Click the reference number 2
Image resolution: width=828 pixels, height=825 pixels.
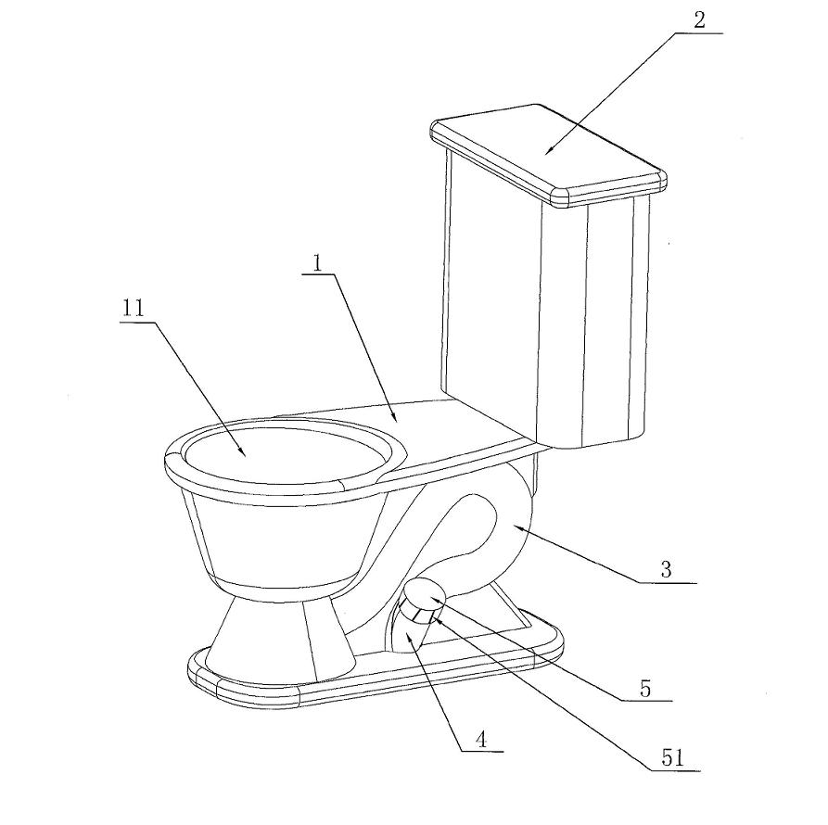coord(699,20)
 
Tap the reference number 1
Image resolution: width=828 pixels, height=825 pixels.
coord(317,262)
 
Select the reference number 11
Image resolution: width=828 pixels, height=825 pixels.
coord(133,310)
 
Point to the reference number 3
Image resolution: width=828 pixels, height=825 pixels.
coord(666,570)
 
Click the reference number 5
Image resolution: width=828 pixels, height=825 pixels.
coord(644,690)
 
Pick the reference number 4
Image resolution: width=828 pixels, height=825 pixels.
coord(480,741)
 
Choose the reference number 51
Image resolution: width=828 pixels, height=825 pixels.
coord(672,758)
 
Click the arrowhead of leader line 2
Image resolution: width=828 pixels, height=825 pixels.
coord(548,150)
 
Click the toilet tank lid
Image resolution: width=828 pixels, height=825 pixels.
coord(548,152)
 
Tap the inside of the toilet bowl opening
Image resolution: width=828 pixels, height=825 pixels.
coord(280,453)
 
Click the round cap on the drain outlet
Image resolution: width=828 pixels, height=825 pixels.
coord(426,595)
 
